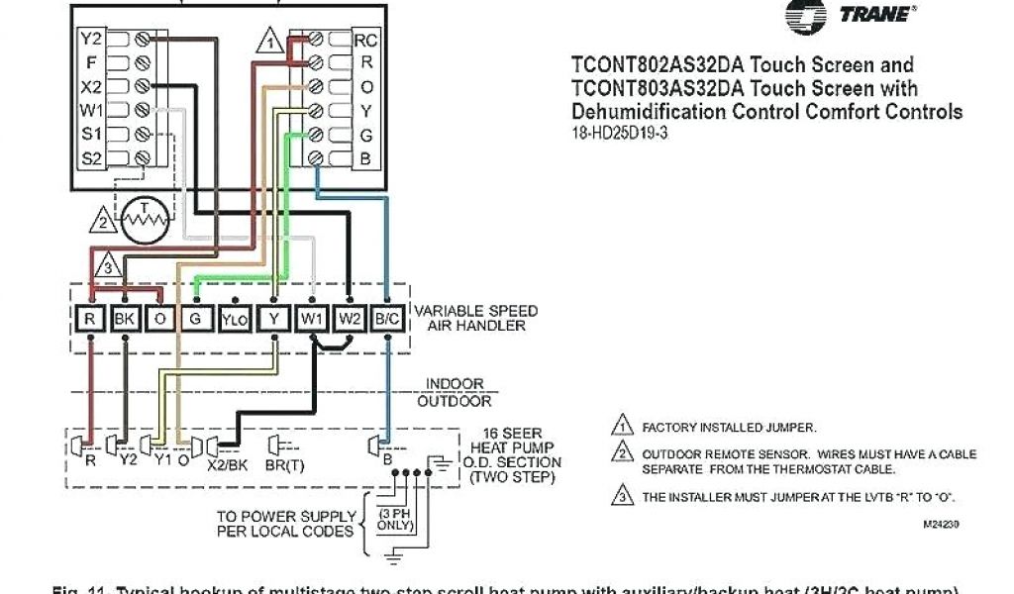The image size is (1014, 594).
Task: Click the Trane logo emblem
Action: click(806, 16)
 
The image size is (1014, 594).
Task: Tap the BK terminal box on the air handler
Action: click(126, 318)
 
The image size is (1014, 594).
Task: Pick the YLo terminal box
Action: click(235, 318)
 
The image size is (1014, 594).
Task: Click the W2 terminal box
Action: click(350, 318)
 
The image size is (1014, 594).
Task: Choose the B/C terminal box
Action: click(387, 318)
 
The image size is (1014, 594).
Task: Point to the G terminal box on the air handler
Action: click(196, 318)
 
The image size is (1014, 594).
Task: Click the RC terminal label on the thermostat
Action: click(366, 41)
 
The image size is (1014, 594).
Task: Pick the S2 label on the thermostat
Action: click(91, 156)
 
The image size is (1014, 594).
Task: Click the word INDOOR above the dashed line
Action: click(455, 383)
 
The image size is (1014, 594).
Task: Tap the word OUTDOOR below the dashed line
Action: click(455, 401)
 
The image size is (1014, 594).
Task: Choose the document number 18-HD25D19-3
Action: click(620, 134)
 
